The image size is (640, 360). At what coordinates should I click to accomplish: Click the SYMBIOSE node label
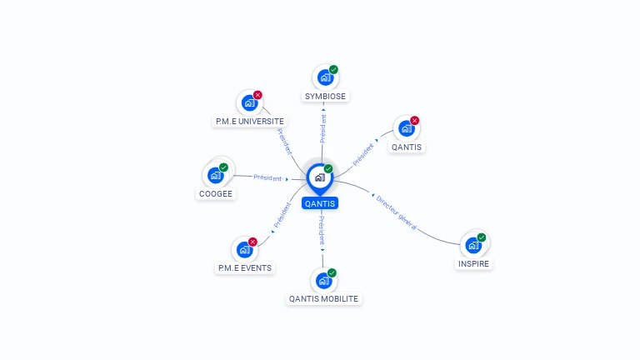(325, 96)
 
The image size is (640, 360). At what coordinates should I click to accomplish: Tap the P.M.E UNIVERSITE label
(249, 121)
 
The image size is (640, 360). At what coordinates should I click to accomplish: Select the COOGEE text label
(217, 193)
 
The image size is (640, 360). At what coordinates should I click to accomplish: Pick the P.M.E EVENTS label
(244, 267)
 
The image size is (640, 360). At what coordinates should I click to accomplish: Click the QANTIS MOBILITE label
(324, 297)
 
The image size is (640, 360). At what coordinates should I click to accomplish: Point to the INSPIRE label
(474, 263)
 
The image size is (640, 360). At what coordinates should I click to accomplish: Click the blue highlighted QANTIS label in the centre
(320, 202)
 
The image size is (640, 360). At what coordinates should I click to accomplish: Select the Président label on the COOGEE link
(267, 177)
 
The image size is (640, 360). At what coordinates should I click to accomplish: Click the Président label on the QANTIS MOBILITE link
(322, 229)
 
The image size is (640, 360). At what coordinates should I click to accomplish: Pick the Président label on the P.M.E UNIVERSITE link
(284, 142)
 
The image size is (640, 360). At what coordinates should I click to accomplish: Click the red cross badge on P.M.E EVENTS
(252, 242)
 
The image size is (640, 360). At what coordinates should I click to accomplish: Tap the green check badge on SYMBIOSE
(333, 69)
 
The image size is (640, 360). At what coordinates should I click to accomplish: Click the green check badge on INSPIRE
(481, 237)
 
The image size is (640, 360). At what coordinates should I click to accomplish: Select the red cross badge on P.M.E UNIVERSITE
(257, 95)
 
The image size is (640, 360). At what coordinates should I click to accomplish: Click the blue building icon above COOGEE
(216, 175)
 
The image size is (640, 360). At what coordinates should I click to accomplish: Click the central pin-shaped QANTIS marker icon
(319, 177)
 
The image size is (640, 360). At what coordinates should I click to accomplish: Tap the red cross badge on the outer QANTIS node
(414, 121)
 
